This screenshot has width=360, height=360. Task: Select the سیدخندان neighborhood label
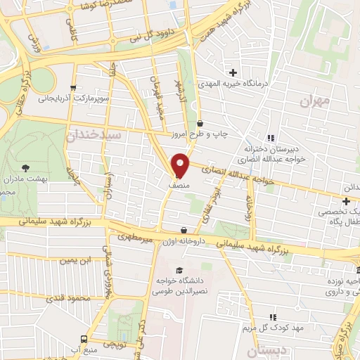pos(96,134)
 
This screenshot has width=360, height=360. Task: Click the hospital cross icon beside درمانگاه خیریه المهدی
pos(233,72)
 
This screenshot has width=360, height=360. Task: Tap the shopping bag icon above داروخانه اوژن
pos(184,230)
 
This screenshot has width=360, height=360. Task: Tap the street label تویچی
pos(114,344)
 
